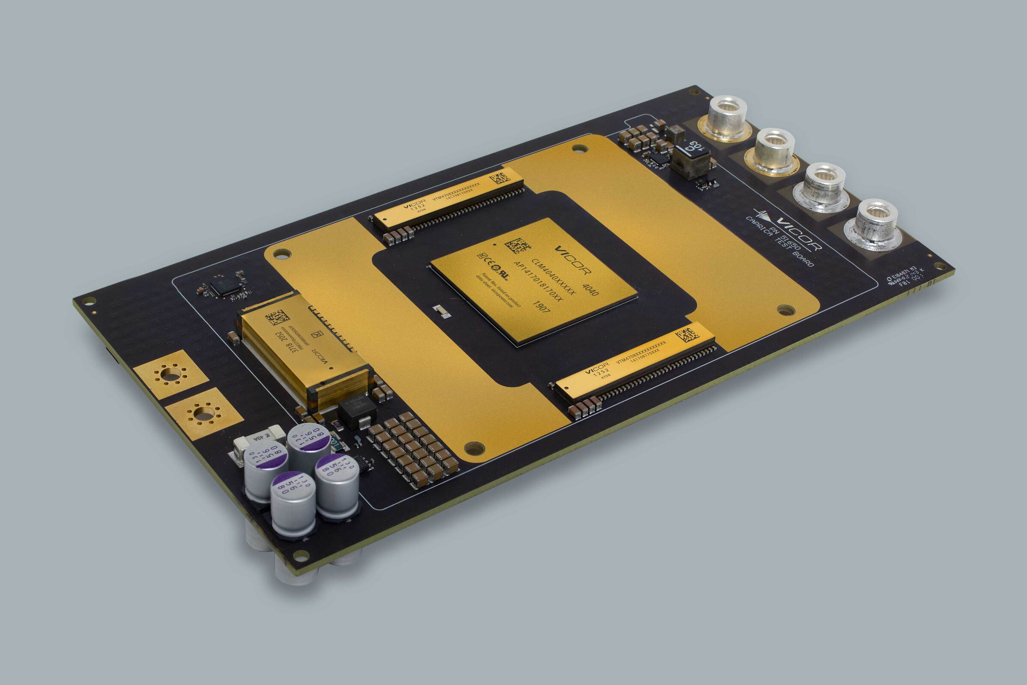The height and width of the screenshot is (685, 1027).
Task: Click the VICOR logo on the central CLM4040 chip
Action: tap(573, 260)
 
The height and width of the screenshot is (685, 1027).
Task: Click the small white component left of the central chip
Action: tap(441, 311)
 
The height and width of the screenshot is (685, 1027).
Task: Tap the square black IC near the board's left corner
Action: tap(224, 287)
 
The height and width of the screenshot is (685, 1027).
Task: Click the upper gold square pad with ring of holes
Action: tap(171, 374)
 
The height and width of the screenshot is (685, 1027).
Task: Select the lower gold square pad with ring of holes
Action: tap(203, 412)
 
